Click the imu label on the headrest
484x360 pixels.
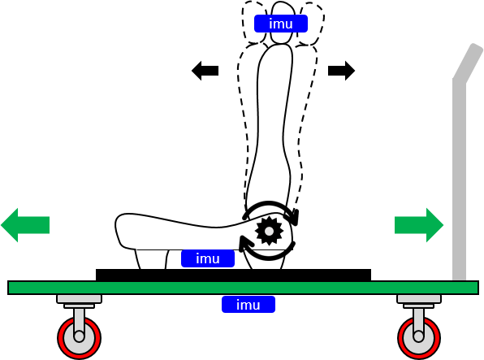coord(281,24)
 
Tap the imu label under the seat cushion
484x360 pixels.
coord(208,258)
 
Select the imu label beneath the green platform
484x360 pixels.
coord(248,305)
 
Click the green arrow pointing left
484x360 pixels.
coord(25,225)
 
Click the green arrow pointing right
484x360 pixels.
coord(419,225)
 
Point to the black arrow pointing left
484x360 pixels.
coord(205,71)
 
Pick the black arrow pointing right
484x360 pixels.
coord(341,71)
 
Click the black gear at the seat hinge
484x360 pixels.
coord(269,231)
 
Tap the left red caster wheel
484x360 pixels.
coord(79,337)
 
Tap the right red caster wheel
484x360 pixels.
coord(419,337)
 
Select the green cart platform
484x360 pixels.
coord(243,288)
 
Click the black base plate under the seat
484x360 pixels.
coord(233,275)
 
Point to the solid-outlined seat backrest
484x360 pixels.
coord(274,124)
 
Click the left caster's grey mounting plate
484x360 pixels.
coord(80,299)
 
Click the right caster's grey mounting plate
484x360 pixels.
coord(419,299)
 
